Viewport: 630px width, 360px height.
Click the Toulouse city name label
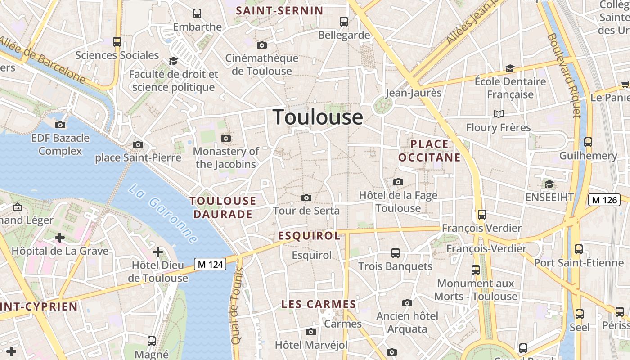pos(318,117)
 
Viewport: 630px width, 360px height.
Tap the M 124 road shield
pos(210,264)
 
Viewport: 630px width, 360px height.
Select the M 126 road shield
pos(604,200)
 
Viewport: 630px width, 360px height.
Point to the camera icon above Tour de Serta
pos(306,198)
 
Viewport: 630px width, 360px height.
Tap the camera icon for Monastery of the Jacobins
pos(226,138)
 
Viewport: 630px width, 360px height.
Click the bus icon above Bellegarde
pos(344,21)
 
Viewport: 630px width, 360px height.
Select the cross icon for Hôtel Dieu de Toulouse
pos(157,252)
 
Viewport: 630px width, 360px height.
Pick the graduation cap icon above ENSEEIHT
pos(549,184)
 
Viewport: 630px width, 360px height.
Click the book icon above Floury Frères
pos(498,114)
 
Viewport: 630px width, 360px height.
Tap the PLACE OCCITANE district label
pos(429,151)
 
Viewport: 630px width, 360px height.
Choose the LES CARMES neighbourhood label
pos(319,304)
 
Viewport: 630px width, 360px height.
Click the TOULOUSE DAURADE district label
pos(223,207)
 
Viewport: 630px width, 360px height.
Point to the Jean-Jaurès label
pos(414,93)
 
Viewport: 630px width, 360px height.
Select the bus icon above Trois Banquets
pos(396,253)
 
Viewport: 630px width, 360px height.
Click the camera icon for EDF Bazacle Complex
pos(60,125)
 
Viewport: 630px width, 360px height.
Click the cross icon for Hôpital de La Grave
pos(60,237)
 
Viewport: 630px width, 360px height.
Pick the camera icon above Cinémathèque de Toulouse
pos(261,45)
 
